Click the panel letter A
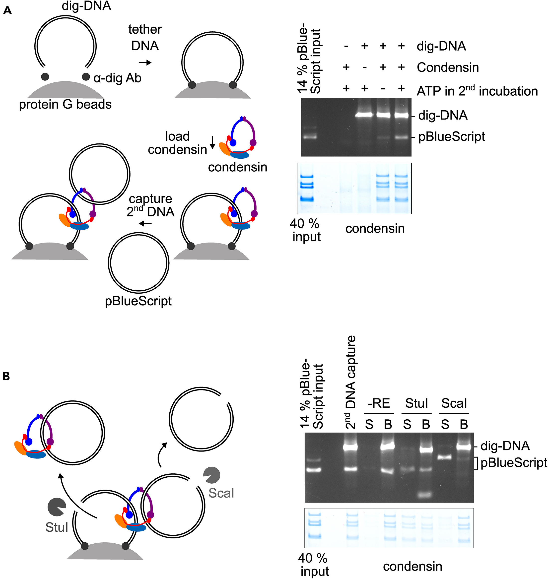point(7,11)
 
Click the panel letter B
point(6,376)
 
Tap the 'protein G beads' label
point(65,105)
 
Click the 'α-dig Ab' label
point(117,78)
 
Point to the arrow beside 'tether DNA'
point(145,63)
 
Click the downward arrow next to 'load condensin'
point(213,142)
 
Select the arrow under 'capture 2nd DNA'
point(145,224)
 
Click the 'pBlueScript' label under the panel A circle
point(138,301)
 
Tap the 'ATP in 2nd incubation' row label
point(477,91)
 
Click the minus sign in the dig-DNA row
point(346,46)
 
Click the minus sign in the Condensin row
point(365,67)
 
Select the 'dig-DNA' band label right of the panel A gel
point(443,115)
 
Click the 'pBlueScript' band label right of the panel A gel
point(451,137)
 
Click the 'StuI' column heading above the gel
point(416,403)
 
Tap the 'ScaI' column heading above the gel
point(454,403)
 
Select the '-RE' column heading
point(379,403)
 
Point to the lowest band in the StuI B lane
point(426,495)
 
